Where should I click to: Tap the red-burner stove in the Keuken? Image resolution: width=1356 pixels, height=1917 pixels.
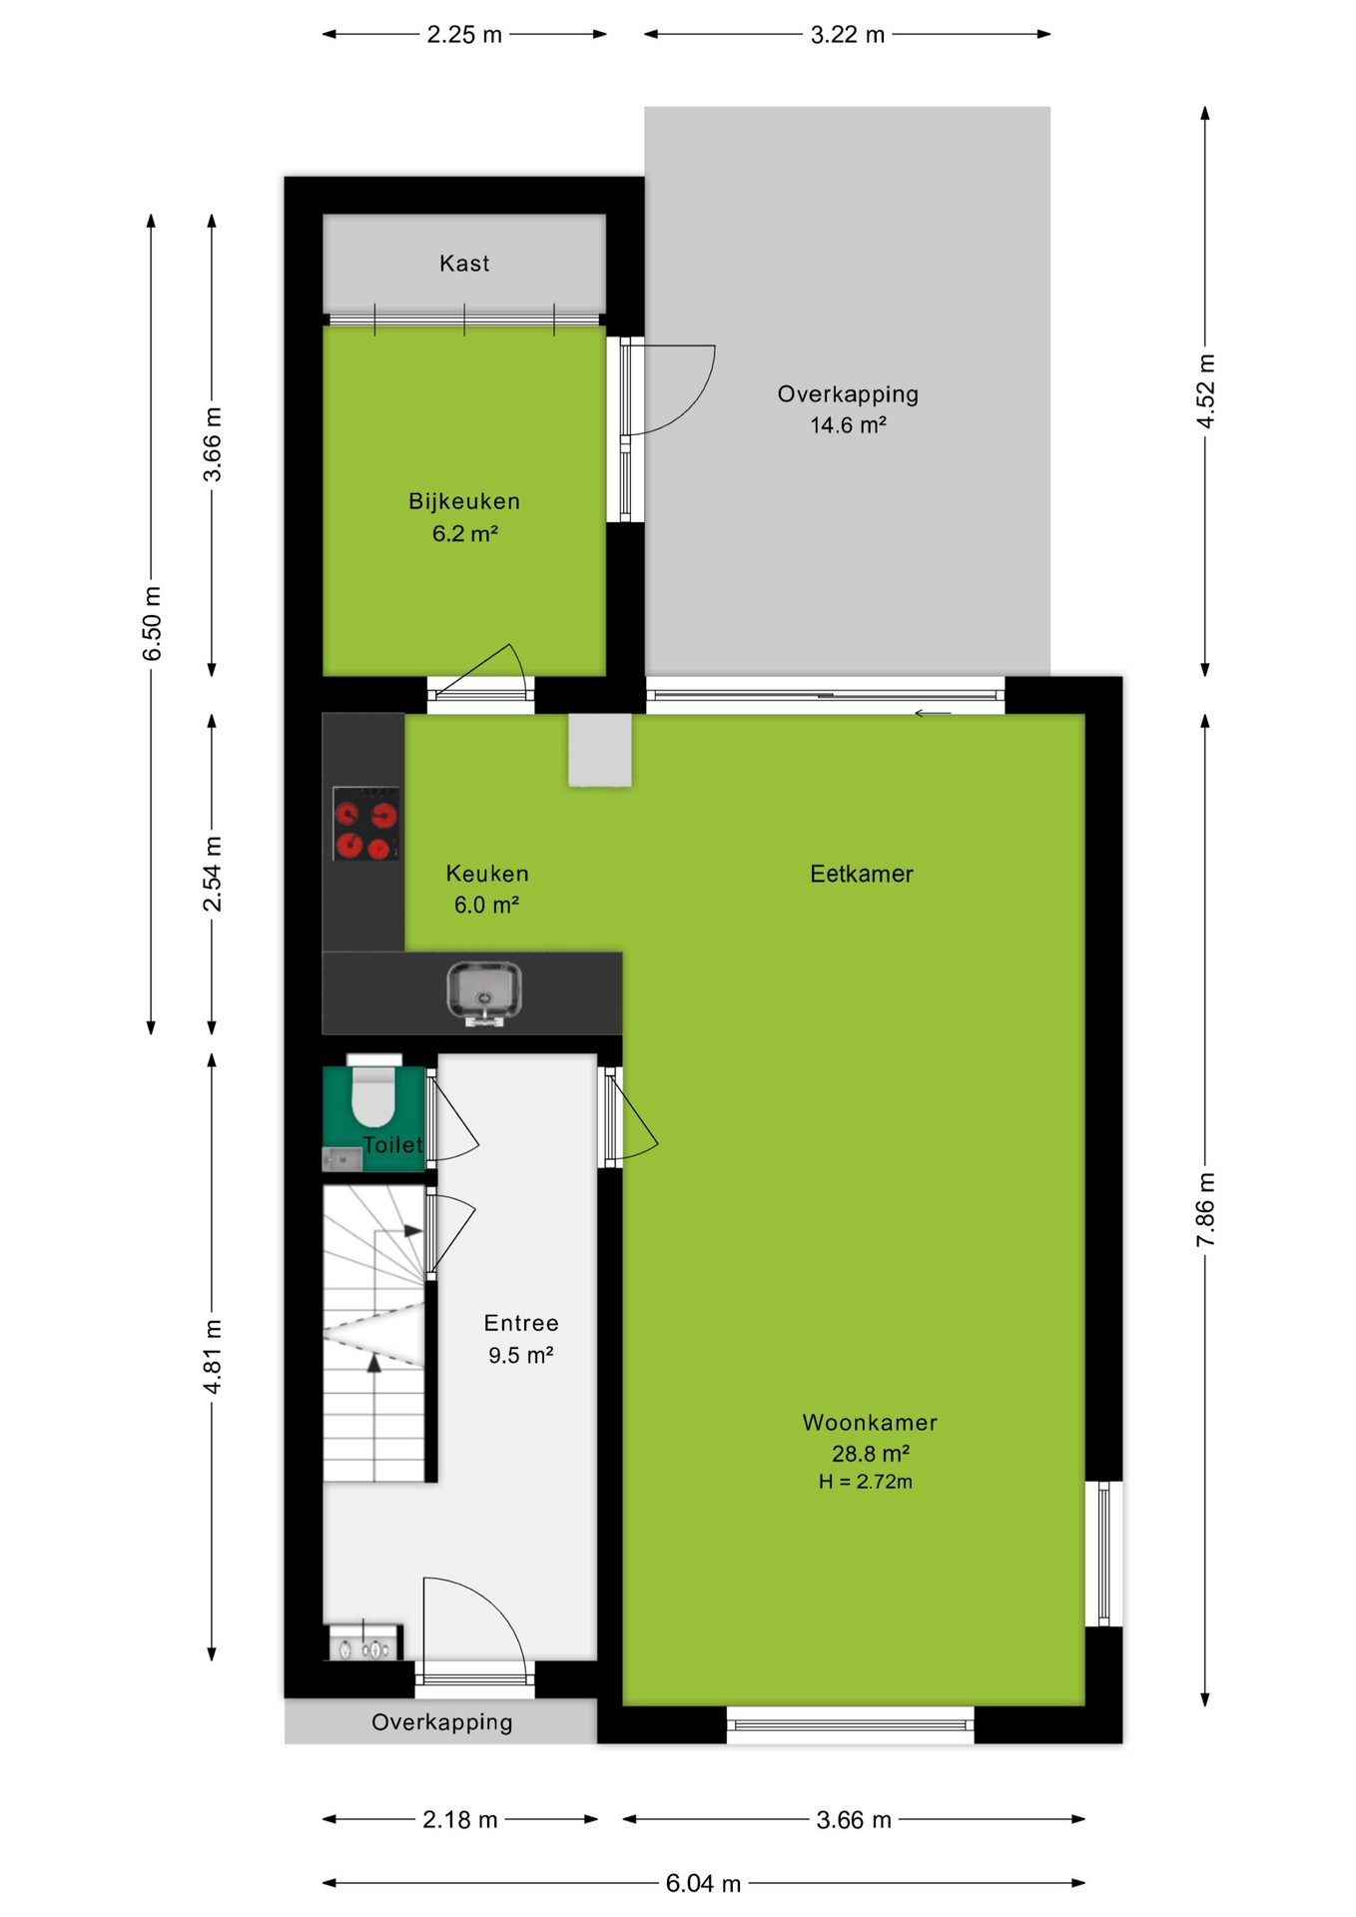point(365,823)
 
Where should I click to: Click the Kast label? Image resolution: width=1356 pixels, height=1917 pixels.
point(464,264)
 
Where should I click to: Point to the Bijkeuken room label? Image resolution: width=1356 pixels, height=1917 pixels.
point(464,501)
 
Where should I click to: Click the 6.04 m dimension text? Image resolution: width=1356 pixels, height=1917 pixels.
point(703,1883)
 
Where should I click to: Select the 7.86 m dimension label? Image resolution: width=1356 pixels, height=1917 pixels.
point(1205,1209)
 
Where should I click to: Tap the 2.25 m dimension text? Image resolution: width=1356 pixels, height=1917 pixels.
point(464,34)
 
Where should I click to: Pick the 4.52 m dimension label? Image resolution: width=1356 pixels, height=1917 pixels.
point(1205,391)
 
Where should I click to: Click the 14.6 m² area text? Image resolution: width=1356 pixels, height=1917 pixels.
point(848,425)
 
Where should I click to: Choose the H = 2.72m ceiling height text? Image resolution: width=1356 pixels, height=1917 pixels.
point(866,1482)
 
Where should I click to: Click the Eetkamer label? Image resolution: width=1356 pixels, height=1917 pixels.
point(862,874)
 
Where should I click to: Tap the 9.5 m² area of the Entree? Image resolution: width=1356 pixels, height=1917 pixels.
point(520,1355)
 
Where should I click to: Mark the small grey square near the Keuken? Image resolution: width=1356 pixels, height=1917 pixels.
point(600,750)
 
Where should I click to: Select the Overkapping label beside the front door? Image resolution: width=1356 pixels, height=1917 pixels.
point(441,1722)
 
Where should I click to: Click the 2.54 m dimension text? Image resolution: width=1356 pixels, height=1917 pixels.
point(212,874)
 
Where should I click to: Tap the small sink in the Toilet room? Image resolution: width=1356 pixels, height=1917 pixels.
point(341,1159)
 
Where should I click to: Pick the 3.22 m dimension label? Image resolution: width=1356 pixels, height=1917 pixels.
point(847,34)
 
